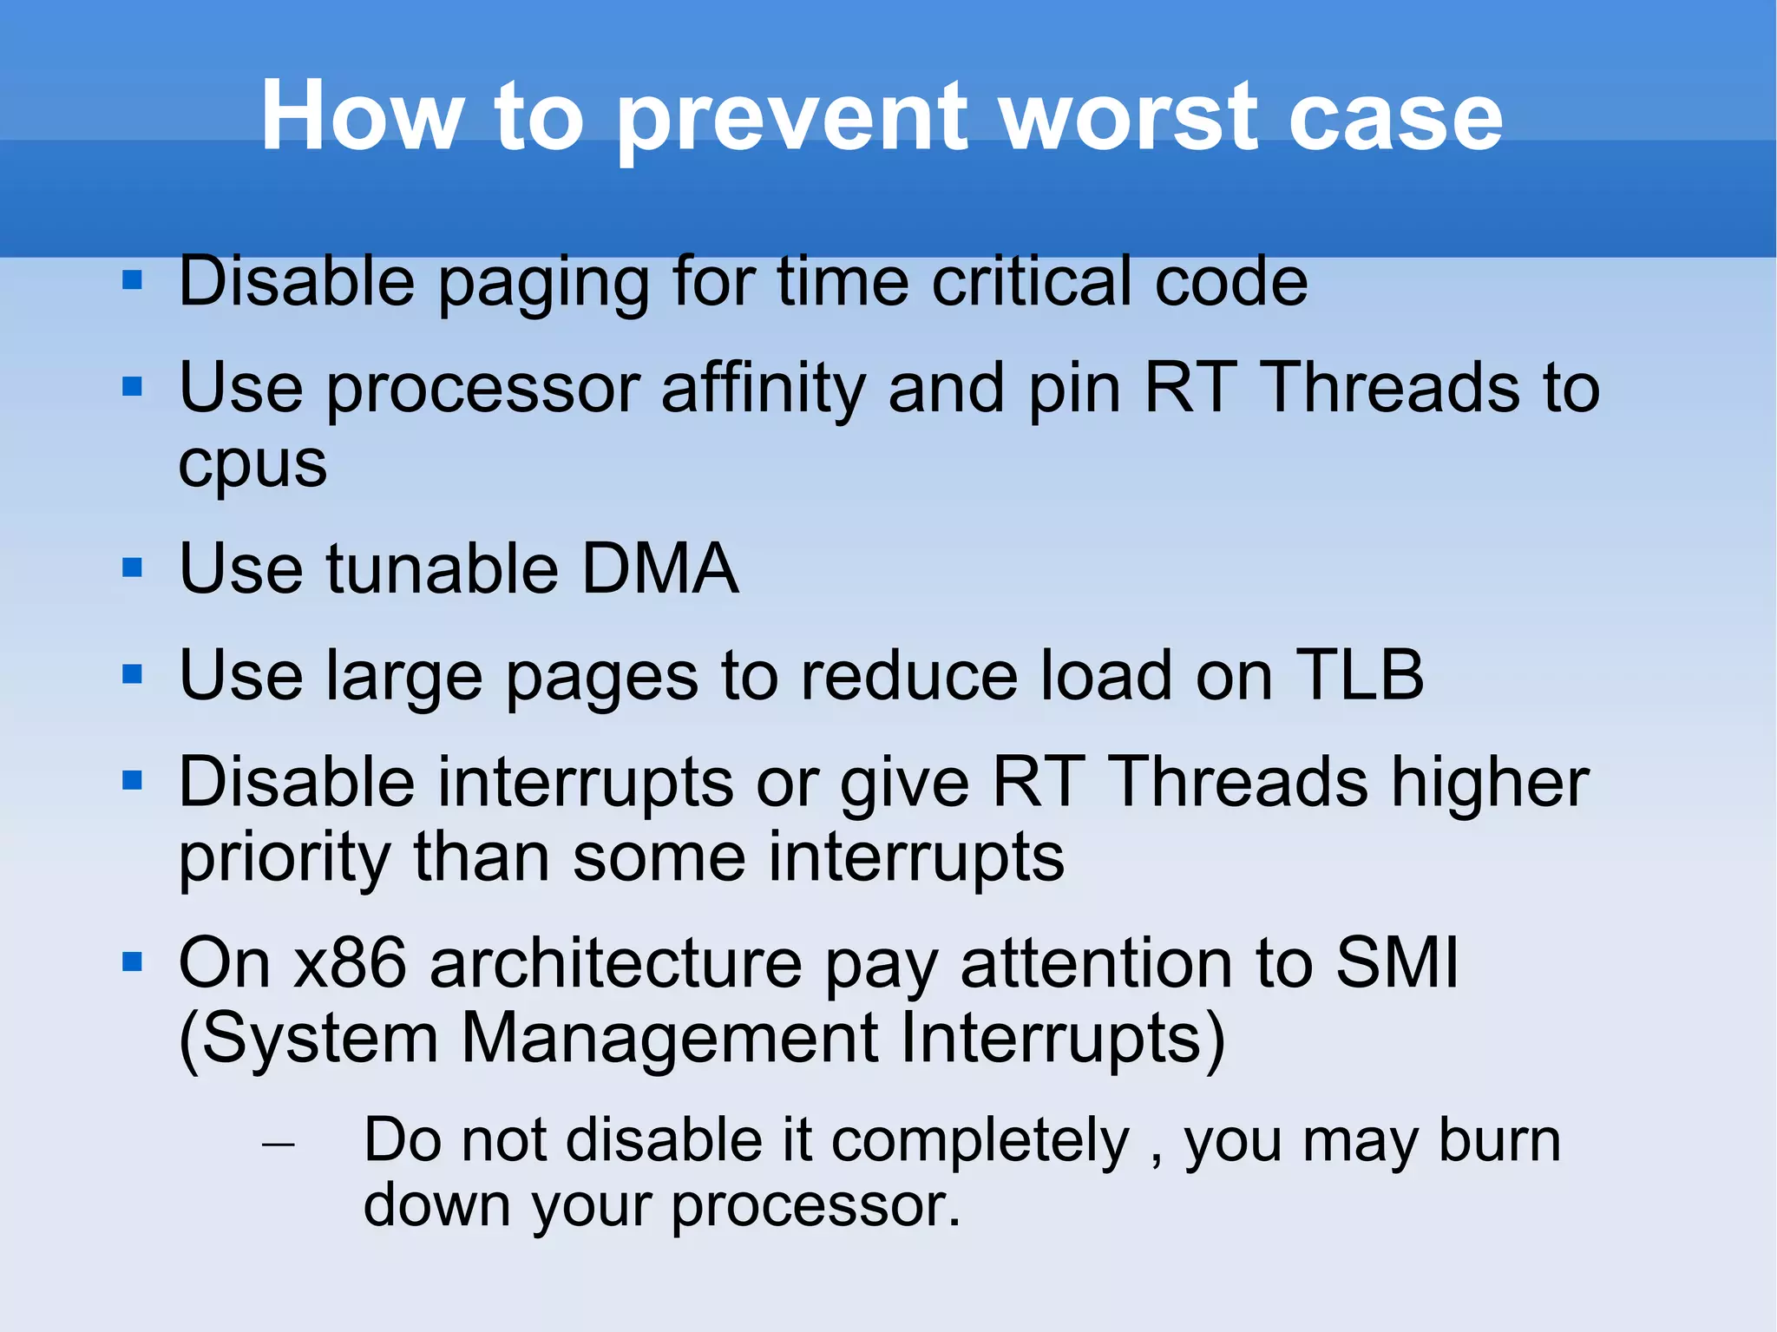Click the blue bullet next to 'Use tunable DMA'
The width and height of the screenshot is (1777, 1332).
pyautogui.click(x=132, y=568)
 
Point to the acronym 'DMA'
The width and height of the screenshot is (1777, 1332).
pyautogui.click(x=659, y=568)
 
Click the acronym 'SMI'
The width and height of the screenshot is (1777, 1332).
pyautogui.click(x=1397, y=963)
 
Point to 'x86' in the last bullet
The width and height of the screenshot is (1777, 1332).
pyautogui.click(x=351, y=963)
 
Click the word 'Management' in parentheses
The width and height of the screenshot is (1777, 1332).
pyautogui.click(x=669, y=1039)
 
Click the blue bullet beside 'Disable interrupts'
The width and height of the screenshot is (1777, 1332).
pyautogui.click(x=132, y=781)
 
